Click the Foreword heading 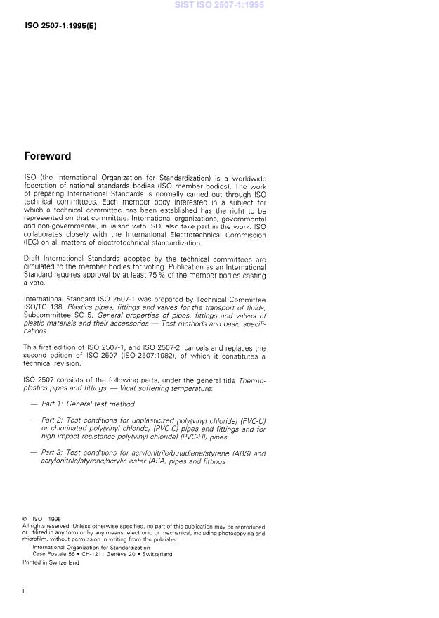(x=48, y=156)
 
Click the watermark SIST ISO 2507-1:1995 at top (x=220, y=5)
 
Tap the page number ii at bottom (x=25, y=591)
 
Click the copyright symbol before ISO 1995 (x=25, y=520)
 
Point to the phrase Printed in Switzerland (x=51, y=562)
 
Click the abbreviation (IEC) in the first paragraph (x=33, y=243)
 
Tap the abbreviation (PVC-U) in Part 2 (x=253, y=420)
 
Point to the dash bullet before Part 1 (x=34, y=404)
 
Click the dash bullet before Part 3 (x=34, y=453)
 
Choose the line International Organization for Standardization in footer (x=91, y=547)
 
